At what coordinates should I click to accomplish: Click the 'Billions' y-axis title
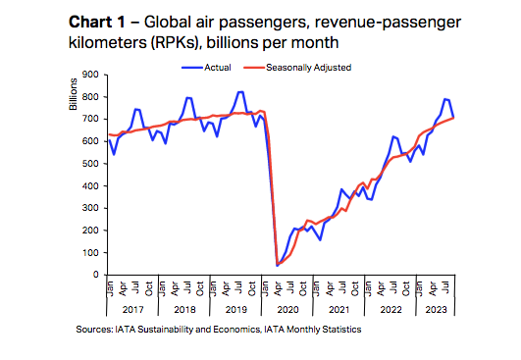click(73, 92)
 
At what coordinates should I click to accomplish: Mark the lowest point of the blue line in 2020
click(278, 265)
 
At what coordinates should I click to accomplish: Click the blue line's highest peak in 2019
click(240, 91)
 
